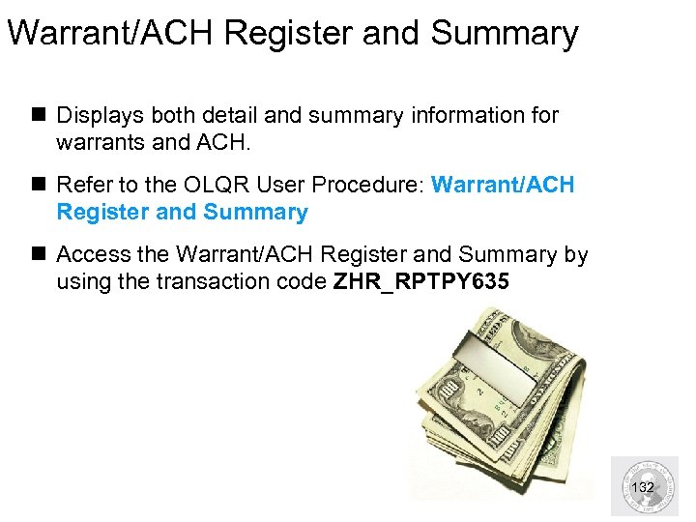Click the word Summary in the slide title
tap(504, 34)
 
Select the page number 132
tap(642, 487)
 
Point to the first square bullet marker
tap(42, 116)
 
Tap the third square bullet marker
tap(42, 255)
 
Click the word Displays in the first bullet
tap(98, 116)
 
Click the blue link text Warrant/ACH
tap(503, 185)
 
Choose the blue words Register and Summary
tap(182, 212)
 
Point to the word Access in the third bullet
tap(91, 254)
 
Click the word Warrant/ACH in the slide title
tap(114, 34)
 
